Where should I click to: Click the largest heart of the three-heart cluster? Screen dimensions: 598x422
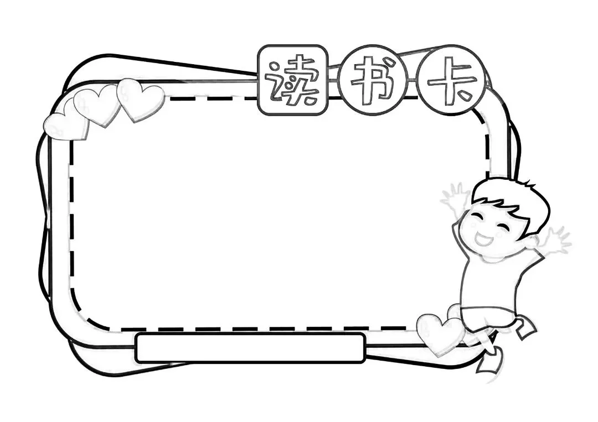[141, 100]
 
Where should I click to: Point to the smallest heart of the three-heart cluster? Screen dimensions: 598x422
[66, 126]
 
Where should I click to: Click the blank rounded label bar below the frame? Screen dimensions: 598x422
[250, 348]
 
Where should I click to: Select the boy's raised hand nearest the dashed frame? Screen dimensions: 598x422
[455, 197]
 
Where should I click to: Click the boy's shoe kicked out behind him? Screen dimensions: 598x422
[527, 329]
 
